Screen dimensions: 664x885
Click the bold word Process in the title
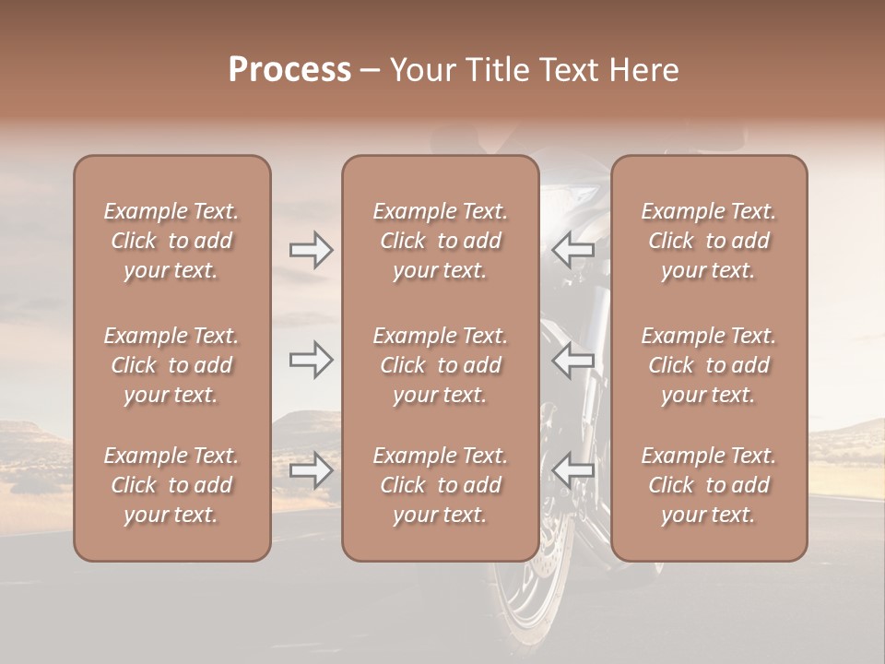click(x=289, y=70)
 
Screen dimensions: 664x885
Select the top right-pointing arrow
click(x=312, y=250)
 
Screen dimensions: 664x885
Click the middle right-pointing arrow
click(x=312, y=360)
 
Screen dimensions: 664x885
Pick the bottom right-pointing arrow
click(x=312, y=470)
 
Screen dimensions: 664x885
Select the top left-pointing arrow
click(x=572, y=250)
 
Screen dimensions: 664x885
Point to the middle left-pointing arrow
click(x=572, y=360)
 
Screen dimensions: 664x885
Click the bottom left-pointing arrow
click(x=572, y=470)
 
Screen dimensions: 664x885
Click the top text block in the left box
click(x=171, y=241)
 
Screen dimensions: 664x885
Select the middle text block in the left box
click(x=171, y=365)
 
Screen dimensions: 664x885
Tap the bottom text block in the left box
click(x=171, y=485)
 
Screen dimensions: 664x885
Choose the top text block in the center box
click(x=440, y=241)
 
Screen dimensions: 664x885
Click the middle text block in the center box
click(x=440, y=365)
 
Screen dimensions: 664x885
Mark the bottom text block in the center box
click(x=440, y=485)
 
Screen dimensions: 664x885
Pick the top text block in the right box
click(x=708, y=241)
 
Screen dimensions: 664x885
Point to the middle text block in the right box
click(x=708, y=365)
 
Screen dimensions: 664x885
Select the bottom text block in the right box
click(x=708, y=485)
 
